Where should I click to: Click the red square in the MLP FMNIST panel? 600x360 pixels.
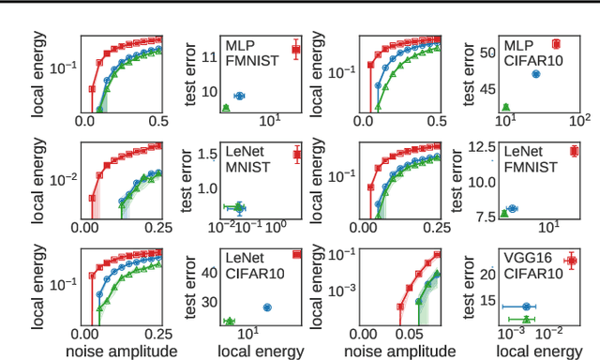click(x=295, y=50)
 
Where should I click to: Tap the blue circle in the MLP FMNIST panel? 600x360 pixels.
click(x=239, y=96)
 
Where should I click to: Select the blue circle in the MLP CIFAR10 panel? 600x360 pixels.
click(x=536, y=73)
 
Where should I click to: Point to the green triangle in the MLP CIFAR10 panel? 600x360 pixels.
click(x=506, y=108)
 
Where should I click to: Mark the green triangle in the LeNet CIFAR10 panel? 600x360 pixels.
click(x=229, y=322)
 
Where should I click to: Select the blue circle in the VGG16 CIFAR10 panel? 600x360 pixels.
click(x=527, y=307)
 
